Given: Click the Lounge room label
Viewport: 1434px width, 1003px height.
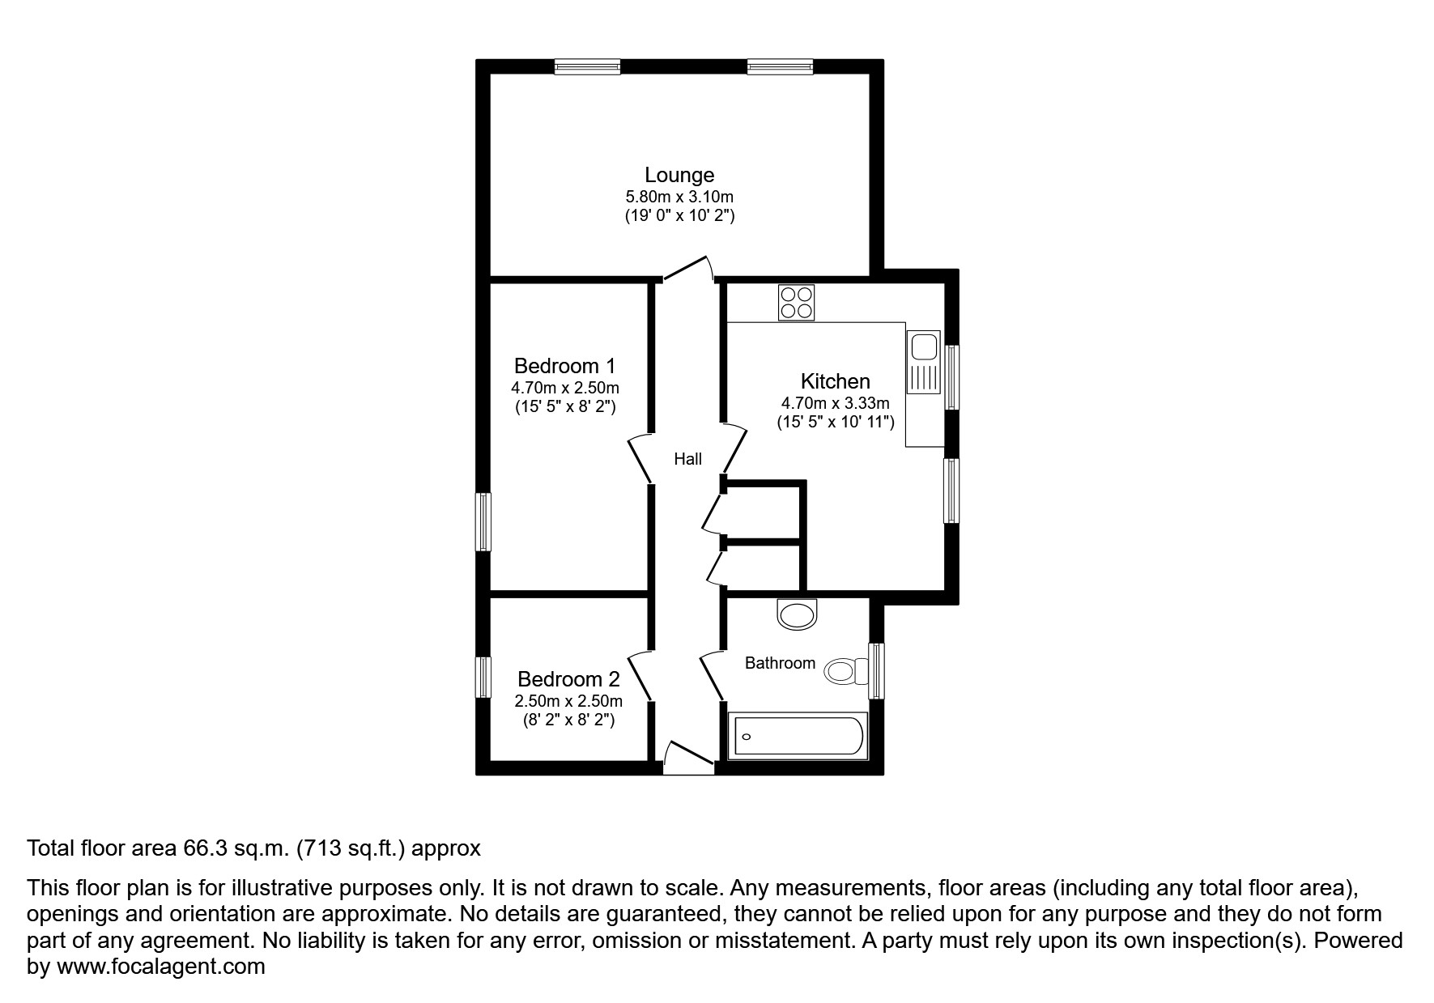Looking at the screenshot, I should (679, 175).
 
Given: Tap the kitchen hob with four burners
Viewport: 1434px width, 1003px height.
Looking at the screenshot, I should (796, 303).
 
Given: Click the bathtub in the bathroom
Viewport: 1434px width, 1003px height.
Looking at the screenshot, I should (798, 736).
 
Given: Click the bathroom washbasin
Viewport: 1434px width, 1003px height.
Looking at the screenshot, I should (798, 614).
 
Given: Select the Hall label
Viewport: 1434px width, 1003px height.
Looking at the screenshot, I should (687, 459).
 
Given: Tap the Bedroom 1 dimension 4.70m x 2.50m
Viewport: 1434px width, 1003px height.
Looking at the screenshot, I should (565, 388).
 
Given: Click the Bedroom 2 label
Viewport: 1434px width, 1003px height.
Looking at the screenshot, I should (568, 679).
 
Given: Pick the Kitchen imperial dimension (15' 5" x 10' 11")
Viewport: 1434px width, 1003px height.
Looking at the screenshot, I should (835, 422).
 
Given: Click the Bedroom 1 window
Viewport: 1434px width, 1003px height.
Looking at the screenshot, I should (483, 522).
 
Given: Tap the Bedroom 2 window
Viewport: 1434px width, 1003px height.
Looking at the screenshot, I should (483, 677).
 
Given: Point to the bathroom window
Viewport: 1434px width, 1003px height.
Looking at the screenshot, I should (875, 671).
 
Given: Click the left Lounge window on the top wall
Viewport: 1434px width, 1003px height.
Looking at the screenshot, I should (588, 67).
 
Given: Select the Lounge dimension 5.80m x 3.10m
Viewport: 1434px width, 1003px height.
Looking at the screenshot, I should (679, 197).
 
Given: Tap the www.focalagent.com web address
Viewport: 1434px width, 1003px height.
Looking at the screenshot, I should (160, 967).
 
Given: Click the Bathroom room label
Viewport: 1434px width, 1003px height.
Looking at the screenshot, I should (779, 663).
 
